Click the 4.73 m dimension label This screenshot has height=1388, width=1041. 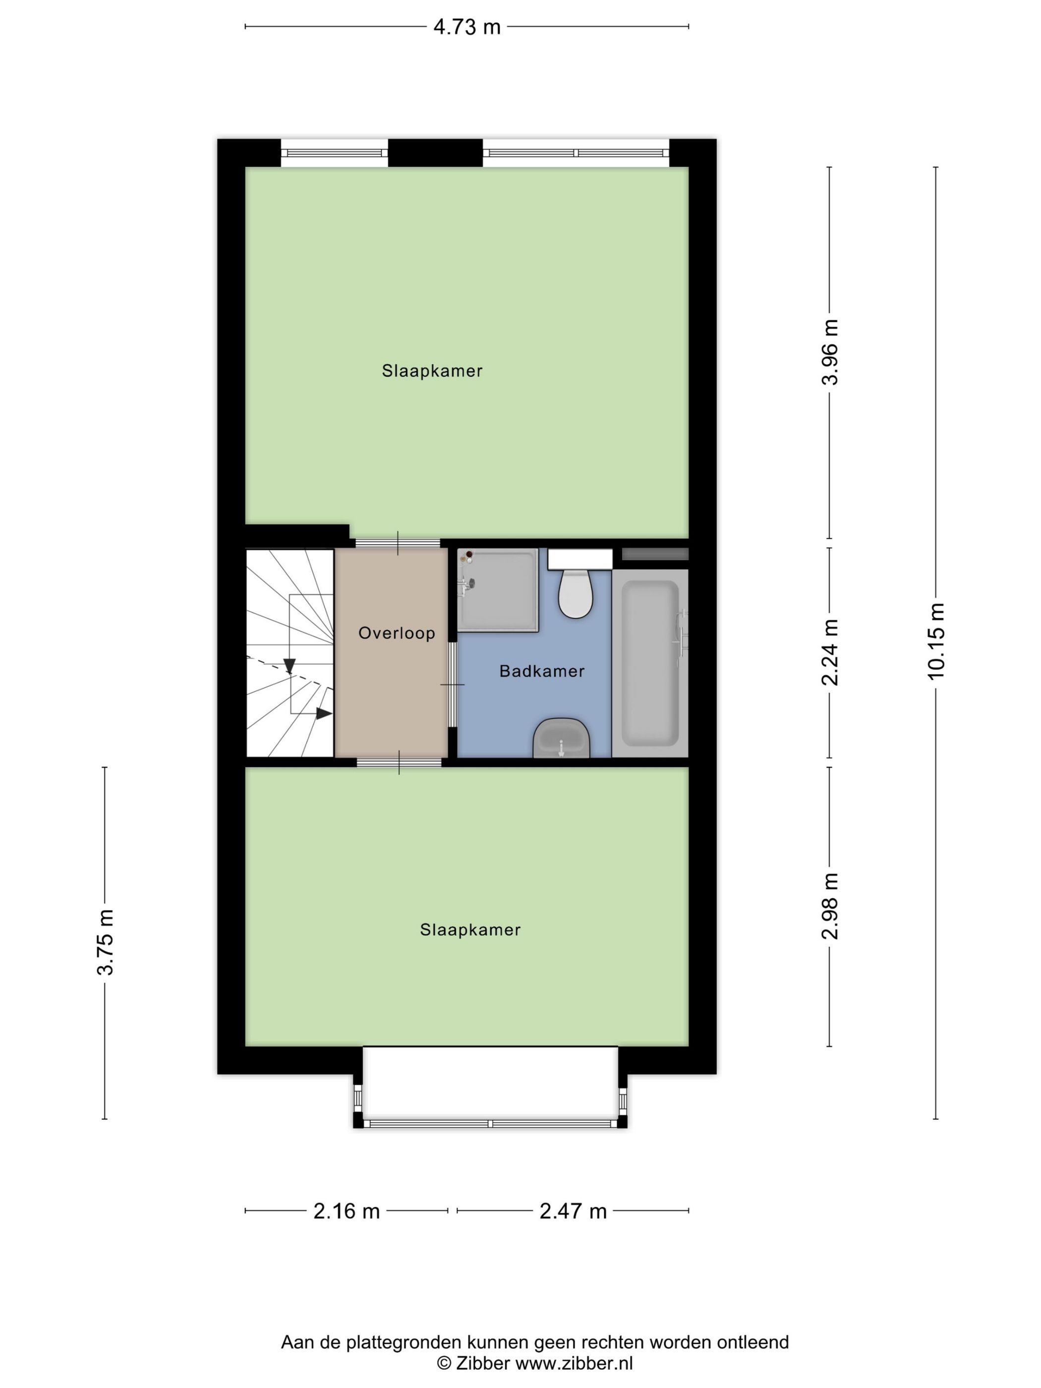[467, 27]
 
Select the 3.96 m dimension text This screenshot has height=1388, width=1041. [830, 352]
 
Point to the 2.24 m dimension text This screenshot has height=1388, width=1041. [830, 652]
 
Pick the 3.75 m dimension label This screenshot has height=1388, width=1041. [105, 942]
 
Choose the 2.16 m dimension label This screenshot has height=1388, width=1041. [347, 1211]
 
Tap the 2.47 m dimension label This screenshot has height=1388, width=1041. [573, 1211]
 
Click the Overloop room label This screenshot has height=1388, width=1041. [397, 633]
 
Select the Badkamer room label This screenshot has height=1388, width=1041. [542, 671]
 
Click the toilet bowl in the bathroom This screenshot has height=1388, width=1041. [576, 593]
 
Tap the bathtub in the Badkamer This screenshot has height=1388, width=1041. [650, 663]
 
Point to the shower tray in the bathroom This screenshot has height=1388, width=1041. [498, 590]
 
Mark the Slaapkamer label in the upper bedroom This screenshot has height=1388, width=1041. [432, 371]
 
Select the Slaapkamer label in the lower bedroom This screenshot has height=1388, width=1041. [470, 929]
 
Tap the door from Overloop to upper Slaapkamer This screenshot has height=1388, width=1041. [398, 543]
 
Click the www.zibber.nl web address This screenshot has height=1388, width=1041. [574, 1363]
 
